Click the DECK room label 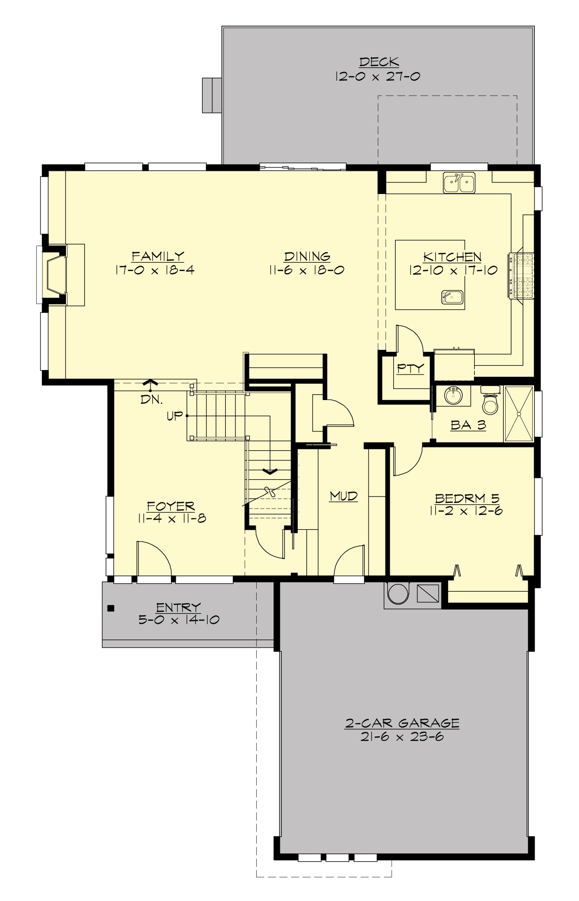(379, 62)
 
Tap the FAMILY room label (158, 256)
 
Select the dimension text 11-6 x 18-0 (307, 270)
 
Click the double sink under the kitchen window (459, 183)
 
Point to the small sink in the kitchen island (452, 297)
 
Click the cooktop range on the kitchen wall (522, 276)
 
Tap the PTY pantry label (411, 369)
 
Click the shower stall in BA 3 (519, 414)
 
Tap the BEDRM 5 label (467, 498)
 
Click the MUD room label (344, 496)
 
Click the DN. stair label (152, 399)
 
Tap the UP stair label (174, 416)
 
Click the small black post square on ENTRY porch (111, 608)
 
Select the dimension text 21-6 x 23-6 (402, 737)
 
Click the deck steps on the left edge (211, 95)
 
